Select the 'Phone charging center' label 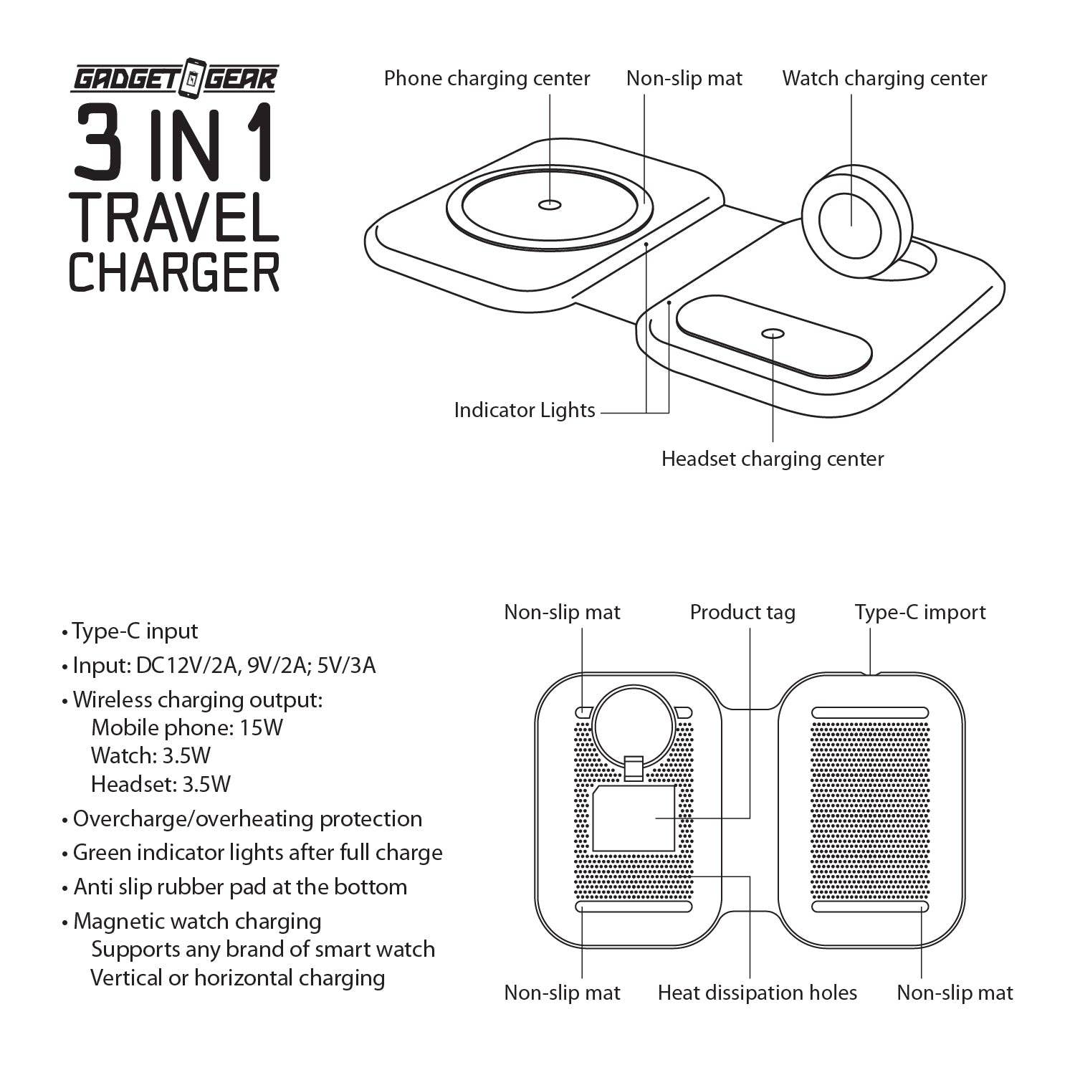pos(487,78)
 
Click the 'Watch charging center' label pos(884,78)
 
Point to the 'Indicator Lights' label pos(524,411)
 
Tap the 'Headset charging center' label pos(772,459)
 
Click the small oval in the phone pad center pos(550,204)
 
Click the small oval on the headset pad pos(773,333)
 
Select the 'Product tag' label pos(742,612)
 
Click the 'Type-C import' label pos(919,612)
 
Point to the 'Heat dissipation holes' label pos(757,993)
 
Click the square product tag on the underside pos(634,818)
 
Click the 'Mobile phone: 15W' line pos(187,727)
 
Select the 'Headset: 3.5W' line pos(161,784)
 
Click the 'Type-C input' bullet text pos(135,631)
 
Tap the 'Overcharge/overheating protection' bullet pos(247,818)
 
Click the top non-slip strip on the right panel pos(870,712)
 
